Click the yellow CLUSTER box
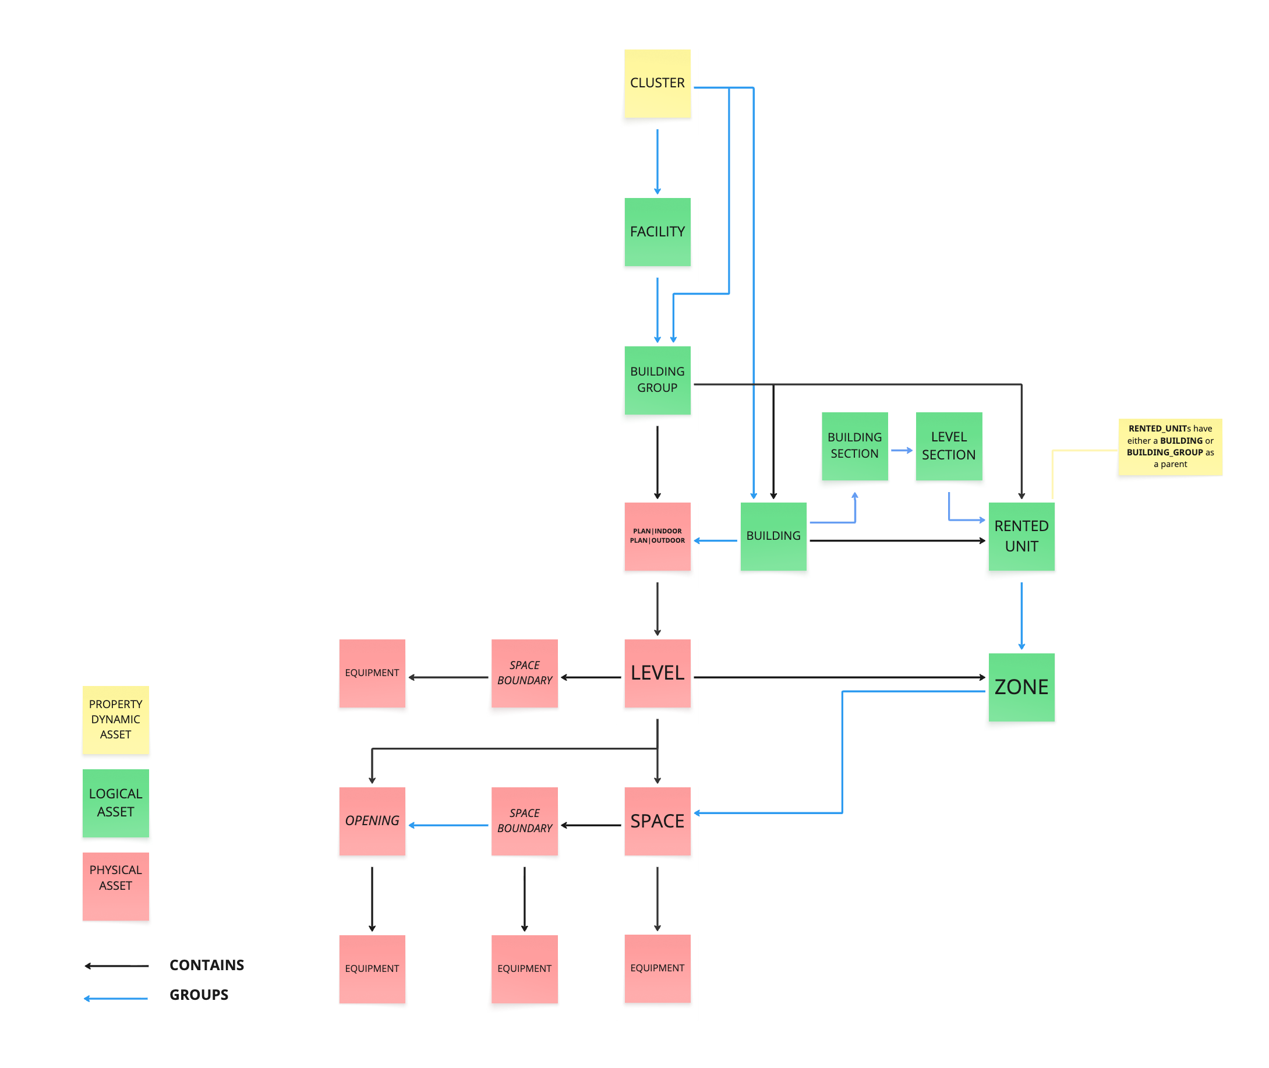pyautogui.click(x=657, y=83)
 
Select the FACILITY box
pyautogui.click(x=657, y=231)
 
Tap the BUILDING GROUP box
pyautogui.click(x=657, y=380)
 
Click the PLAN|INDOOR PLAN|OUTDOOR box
pyautogui.click(x=657, y=536)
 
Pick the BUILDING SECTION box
pyautogui.click(x=854, y=445)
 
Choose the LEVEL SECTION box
pyautogui.click(x=948, y=445)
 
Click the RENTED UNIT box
pyautogui.click(x=1021, y=536)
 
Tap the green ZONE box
pyautogui.click(x=1021, y=687)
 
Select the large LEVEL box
pyautogui.click(x=657, y=673)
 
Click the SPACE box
pyautogui.click(x=657, y=821)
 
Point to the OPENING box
pyautogui.click(x=372, y=821)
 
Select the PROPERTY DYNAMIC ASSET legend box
pyautogui.click(x=116, y=719)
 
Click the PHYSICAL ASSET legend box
pyautogui.click(x=116, y=886)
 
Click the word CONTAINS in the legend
pyautogui.click(x=207, y=965)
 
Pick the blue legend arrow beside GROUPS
pyautogui.click(x=116, y=998)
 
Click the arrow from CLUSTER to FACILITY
pyautogui.click(x=657, y=161)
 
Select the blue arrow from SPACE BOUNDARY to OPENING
pyautogui.click(x=448, y=825)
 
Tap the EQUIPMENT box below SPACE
pyautogui.click(x=657, y=967)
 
